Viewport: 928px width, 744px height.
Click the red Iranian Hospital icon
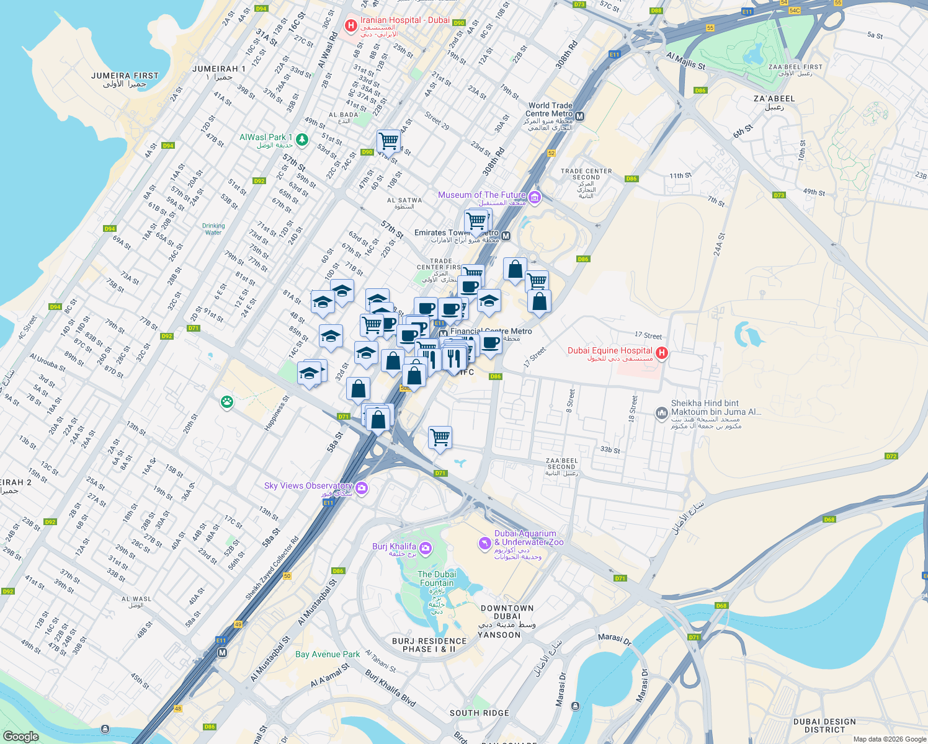coord(350,25)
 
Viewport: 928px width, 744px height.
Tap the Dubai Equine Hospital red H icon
coord(662,353)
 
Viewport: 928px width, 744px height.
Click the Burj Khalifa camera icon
coord(426,547)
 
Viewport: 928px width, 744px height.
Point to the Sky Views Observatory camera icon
coord(362,489)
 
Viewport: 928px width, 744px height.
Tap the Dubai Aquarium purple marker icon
coord(484,543)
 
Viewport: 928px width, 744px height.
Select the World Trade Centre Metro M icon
coord(580,116)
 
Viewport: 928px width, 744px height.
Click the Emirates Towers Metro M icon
coord(506,236)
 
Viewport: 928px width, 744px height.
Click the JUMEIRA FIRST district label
coord(125,76)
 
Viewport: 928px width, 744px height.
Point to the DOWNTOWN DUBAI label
coord(507,608)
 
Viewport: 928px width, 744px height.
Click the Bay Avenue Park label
coord(328,654)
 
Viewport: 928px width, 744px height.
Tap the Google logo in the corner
coord(20,736)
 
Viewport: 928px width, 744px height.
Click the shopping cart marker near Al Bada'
coord(388,140)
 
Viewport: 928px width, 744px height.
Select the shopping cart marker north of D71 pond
coord(440,436)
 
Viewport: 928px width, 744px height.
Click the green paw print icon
coord(227,402)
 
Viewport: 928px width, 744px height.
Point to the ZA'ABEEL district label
coord(774,99)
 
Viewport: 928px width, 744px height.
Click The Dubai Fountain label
coord(437,578)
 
